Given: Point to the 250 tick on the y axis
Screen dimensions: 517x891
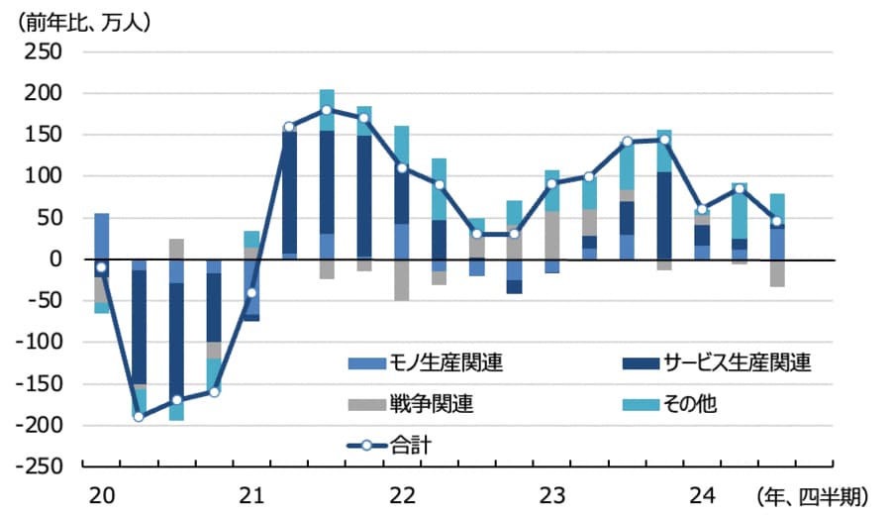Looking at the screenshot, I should point(45,52).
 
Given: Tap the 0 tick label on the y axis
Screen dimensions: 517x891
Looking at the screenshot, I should point(55,259).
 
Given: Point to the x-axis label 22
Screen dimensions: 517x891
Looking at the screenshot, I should point(401,493).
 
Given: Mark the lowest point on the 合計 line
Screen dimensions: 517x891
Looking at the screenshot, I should point(139,416).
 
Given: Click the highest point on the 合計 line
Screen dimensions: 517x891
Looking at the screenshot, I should point(327,110).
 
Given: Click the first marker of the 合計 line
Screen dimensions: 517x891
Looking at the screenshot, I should point(101,267).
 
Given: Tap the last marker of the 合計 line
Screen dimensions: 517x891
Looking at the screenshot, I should point(777,221).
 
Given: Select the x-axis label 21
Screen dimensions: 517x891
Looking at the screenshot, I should point(250,493).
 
